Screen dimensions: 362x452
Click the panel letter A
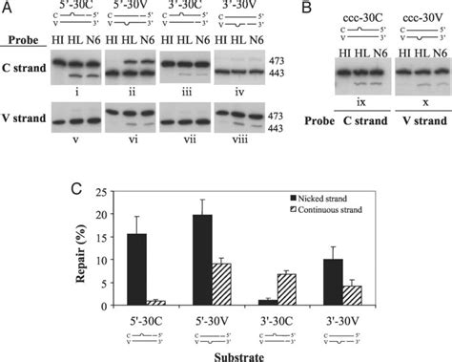pyautogui.click(x=8, y=8)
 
